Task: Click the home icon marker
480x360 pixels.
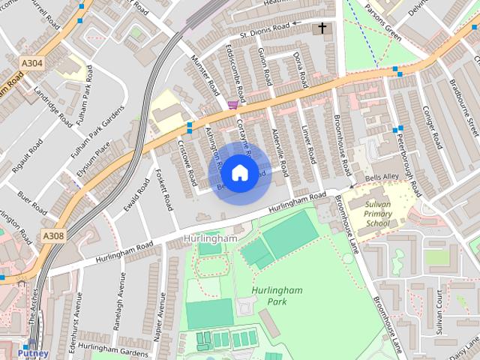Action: click(x=239, y=173)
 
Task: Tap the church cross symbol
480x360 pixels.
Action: click(x=322, y=28)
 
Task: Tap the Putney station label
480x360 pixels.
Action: click(x=33, y=352)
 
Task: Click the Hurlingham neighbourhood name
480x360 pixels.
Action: click(x=209, y=238)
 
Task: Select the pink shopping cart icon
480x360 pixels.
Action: click(x=233, y=106)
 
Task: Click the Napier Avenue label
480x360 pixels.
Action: click(x=160, y=314)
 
